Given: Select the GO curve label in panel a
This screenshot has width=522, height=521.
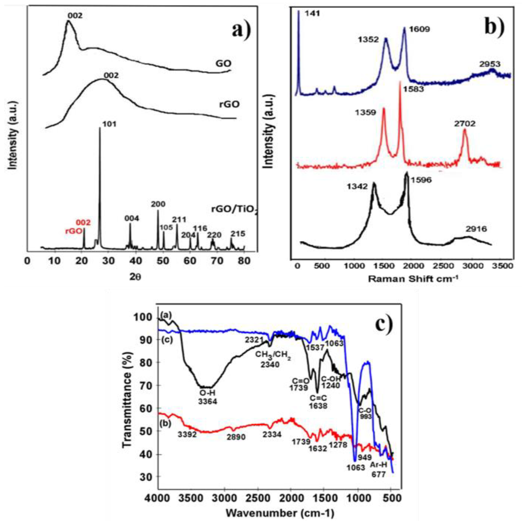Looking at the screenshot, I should [x=224, y=64].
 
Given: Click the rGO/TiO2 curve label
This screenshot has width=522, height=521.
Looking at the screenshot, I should [x=234, y=210].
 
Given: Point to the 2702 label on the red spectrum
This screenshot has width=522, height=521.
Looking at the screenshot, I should [x=465, y=124].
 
